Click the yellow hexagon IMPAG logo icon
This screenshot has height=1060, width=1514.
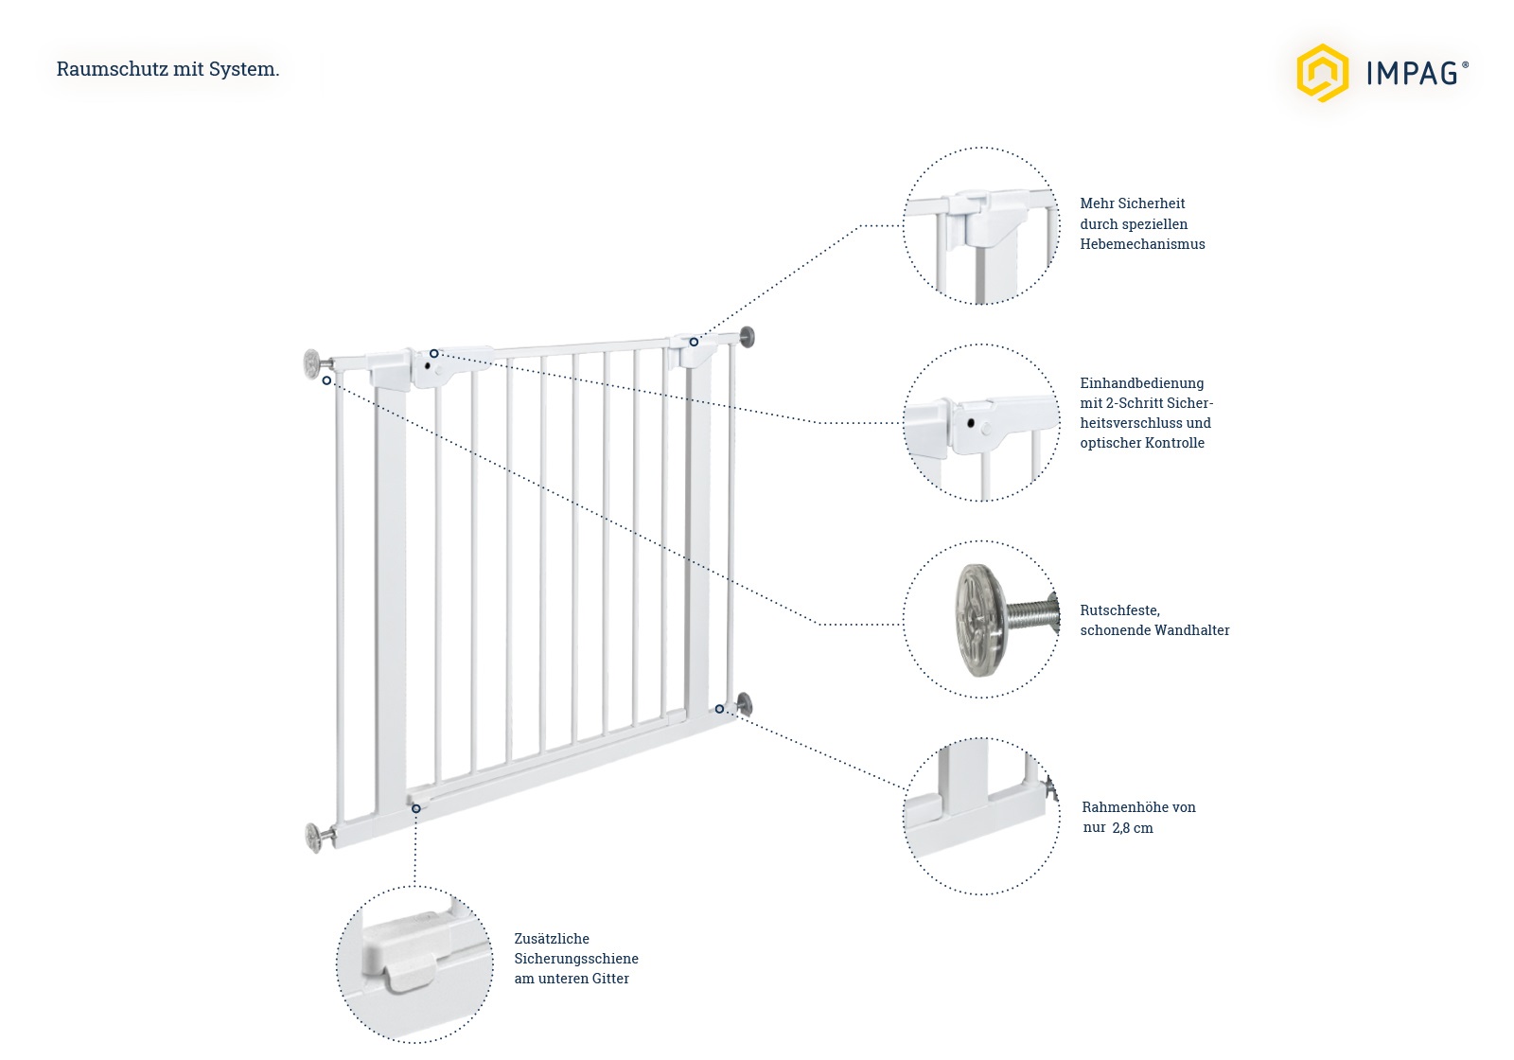1322,72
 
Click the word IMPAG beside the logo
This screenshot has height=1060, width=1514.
1411,73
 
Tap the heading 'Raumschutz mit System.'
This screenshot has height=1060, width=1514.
167,69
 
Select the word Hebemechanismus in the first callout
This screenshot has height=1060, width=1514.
1142,244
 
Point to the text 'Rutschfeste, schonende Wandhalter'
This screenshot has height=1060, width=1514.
1153,620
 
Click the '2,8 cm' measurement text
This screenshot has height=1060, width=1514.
1133,828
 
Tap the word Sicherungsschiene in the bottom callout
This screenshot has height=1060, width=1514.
575,959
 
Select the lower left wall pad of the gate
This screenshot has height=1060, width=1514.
313,838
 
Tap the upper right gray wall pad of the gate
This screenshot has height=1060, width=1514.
748,336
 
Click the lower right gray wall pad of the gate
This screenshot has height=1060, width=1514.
745,703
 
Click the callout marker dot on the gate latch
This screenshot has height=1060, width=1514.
434,354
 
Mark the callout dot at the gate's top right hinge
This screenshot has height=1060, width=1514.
694,342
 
